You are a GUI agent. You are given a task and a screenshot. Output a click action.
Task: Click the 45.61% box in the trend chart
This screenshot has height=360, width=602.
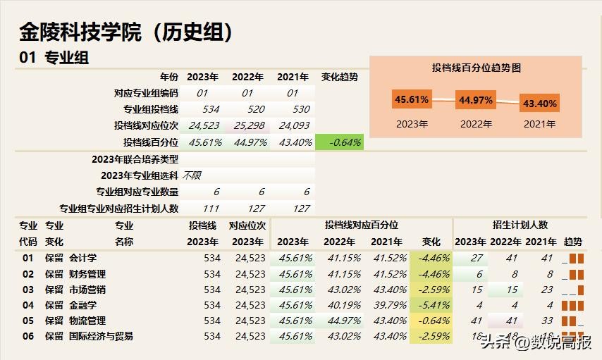[412, 99]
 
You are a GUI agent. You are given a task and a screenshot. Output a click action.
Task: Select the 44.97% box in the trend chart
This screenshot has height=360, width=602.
[476, 100]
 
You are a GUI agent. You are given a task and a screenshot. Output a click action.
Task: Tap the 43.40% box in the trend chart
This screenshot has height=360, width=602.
[539, 104]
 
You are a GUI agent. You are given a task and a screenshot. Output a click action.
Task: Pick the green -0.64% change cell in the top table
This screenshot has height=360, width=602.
[340, 142]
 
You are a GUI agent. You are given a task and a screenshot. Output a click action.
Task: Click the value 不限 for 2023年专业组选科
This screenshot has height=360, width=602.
[192, 175]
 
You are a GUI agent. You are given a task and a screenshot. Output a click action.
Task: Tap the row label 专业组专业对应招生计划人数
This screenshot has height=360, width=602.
[119, 209]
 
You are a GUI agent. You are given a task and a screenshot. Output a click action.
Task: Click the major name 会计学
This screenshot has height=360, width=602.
[82, 258]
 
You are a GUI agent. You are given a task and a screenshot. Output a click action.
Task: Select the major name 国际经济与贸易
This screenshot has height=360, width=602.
[101, 336]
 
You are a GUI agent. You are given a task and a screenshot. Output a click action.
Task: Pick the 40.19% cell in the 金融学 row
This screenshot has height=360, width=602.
[339, 305]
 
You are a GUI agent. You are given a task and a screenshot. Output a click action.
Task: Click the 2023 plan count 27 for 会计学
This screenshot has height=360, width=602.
[477, 258]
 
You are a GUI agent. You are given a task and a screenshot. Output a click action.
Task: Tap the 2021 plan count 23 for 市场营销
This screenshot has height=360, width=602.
[547, 290]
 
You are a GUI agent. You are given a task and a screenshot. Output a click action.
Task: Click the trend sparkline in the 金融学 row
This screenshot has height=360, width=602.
[573, 305]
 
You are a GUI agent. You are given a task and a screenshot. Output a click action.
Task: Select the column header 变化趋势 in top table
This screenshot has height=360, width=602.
[339, 77]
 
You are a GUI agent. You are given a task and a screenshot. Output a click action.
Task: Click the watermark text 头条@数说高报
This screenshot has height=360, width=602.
[536, 343]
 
